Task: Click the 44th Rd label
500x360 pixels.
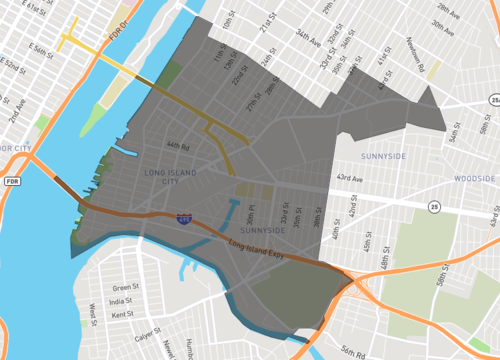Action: [179, 146]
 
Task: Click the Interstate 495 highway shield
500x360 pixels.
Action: [184, 217]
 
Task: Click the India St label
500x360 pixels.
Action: [124, 301]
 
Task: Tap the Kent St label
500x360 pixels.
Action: [124, 314]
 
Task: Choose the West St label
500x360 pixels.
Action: [92, 314]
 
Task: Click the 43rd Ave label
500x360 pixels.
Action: [350, 178]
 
